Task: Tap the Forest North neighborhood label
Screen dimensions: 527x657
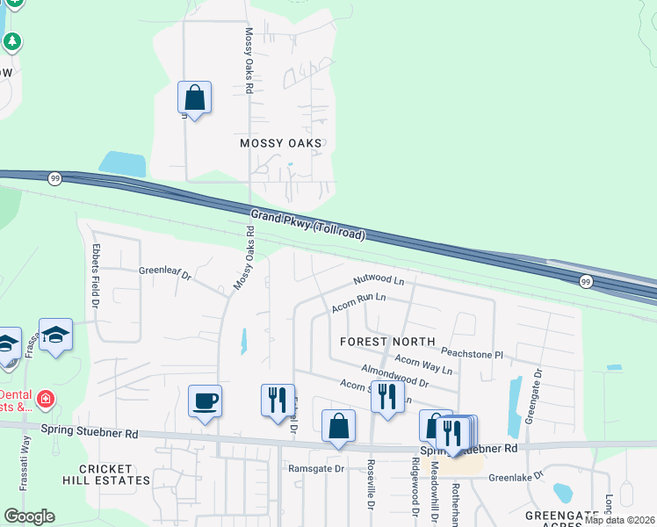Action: point(387,341)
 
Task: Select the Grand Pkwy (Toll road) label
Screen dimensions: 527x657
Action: point(307,224)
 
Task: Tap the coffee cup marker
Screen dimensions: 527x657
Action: point(206,401)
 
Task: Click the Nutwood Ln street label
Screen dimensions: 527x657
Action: point(379,281)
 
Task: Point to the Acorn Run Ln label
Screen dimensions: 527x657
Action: point(358,303)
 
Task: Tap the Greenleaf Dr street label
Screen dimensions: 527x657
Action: point(165,272)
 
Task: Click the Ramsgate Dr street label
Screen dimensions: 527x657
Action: point(317,468)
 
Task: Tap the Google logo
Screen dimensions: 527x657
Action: point(29,516)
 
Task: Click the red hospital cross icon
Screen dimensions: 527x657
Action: point(45,400)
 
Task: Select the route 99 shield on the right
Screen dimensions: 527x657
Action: point(586,281)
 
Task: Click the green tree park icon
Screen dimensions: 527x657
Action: point(12,41)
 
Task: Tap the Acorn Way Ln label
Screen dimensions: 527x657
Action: point(423,364)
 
